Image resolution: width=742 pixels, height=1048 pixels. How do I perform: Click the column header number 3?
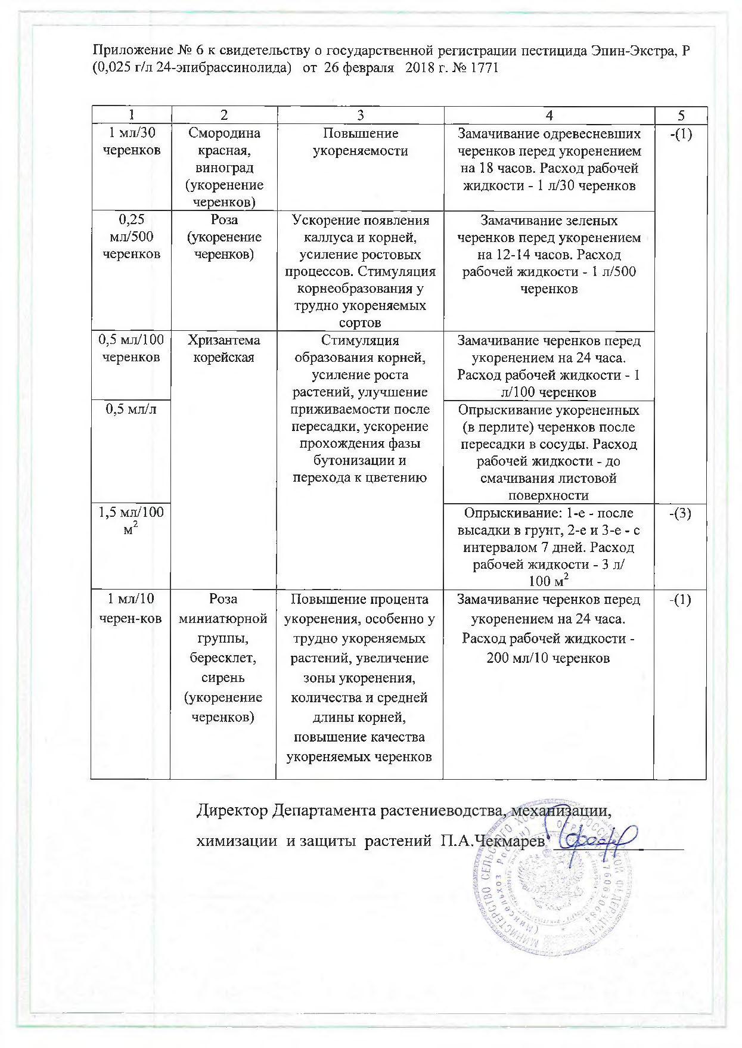[x=360, y=116]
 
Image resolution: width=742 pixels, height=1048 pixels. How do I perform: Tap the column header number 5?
[x=681, y=116]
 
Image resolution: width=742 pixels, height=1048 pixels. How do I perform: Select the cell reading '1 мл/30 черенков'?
[x=131, y=142]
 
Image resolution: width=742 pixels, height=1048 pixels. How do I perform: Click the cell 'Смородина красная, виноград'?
[x=223, y=168]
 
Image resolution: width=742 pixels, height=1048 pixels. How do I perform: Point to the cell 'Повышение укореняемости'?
[x=360, y=142]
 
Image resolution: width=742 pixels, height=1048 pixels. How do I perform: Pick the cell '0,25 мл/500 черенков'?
[x=131, y=237]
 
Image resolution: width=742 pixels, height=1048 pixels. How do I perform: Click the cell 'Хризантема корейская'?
[x=223, y=349]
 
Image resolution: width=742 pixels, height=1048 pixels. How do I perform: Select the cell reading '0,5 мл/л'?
[x=131, y=410]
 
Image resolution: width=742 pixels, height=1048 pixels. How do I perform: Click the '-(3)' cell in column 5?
[x=681, y=513]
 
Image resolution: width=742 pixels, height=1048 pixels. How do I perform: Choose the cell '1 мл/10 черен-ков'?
[x=131, y=609]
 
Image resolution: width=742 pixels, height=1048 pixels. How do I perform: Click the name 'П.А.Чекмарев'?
[x=492, y=842]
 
